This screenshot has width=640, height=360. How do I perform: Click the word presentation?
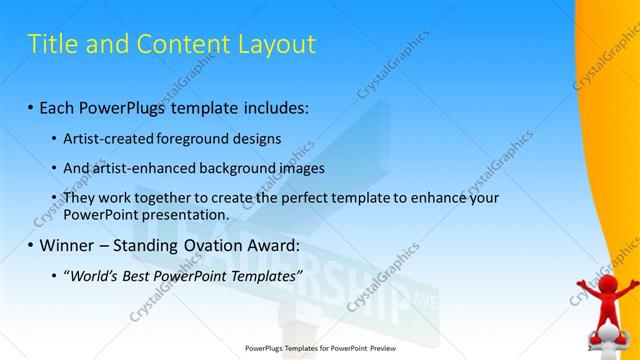(185, 214)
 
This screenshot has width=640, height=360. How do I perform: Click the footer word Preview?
(374, 349)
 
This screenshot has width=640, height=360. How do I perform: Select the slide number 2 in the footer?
(590, 349)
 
